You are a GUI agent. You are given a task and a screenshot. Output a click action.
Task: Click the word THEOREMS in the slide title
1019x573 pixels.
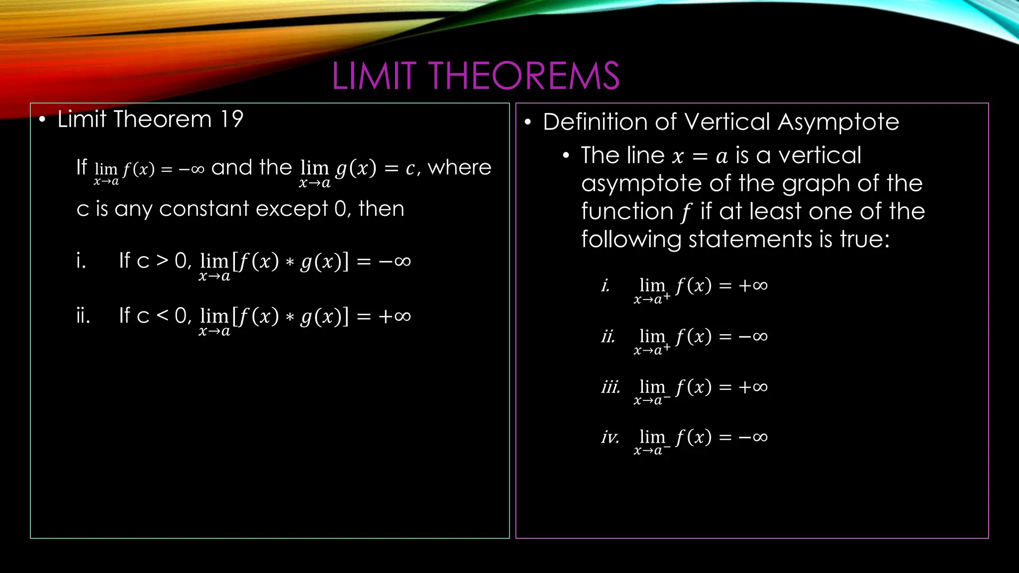524,76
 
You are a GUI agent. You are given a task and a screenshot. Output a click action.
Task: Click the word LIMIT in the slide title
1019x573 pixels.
374,76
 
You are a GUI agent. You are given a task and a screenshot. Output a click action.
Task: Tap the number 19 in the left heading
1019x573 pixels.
231,119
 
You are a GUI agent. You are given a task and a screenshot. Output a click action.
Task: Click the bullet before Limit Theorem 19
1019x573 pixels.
43,120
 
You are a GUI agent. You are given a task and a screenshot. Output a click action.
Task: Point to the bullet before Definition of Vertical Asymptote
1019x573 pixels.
528,122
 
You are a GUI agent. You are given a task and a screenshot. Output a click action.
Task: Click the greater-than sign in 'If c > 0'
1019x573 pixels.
162,260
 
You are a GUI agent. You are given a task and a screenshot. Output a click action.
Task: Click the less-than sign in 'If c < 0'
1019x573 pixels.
162,315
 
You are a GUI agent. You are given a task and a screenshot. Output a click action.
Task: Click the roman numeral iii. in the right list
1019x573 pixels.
611,387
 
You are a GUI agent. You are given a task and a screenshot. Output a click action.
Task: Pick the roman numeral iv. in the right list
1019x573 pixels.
610,437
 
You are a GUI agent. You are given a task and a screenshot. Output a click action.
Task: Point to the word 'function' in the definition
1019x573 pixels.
627,211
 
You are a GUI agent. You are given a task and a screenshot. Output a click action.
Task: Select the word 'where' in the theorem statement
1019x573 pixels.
459,168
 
